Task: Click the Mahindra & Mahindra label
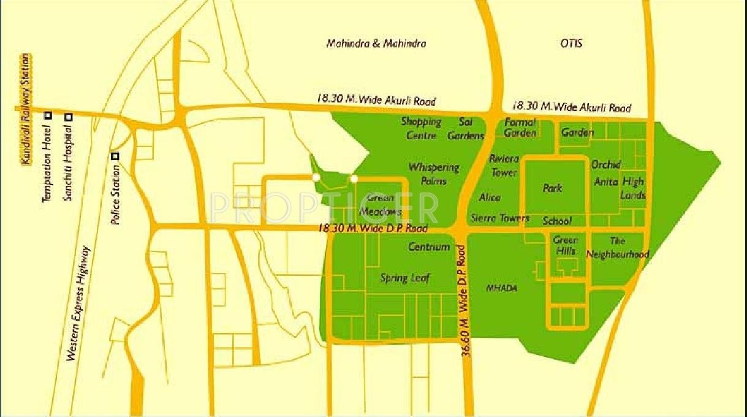click(x=376, y=44)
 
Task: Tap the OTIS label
click(x=571, y=44)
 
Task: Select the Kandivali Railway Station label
click(x=25, y=109)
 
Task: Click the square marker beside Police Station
click(x=115, y=156)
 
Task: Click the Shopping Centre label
click(x=421, y=128)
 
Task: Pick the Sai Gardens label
click(x=466, y=129)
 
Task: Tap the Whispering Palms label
click(x=434, y=174)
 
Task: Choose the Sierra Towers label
click(x=499, y=218)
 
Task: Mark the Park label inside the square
click(x=552, y=188)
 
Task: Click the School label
click(x=556, y=221)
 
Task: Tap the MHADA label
click(x=501, y=288)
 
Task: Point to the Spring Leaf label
click(x=404, y=278)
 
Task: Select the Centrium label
click(x=429, y=247)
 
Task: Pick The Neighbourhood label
click(x=617, y=247)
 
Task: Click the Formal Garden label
click(x=520, y=128)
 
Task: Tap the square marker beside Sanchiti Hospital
click(x=69, y=117)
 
